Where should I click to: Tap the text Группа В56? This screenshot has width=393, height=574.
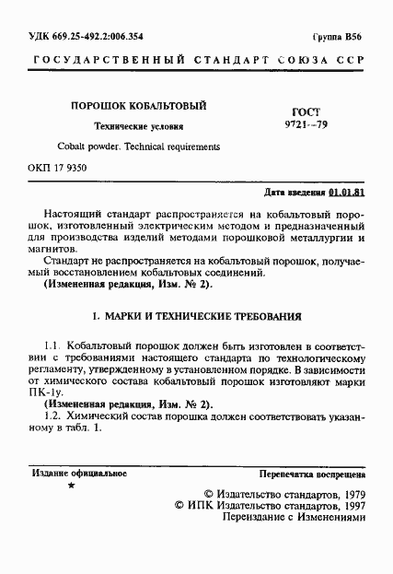click(x=338, y=36)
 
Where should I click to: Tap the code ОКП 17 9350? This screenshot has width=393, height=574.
click(x=61, y=169)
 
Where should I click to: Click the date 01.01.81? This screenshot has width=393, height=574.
click(x=348, y=194)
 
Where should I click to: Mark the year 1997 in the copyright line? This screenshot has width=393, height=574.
click(x=348, y=506)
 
